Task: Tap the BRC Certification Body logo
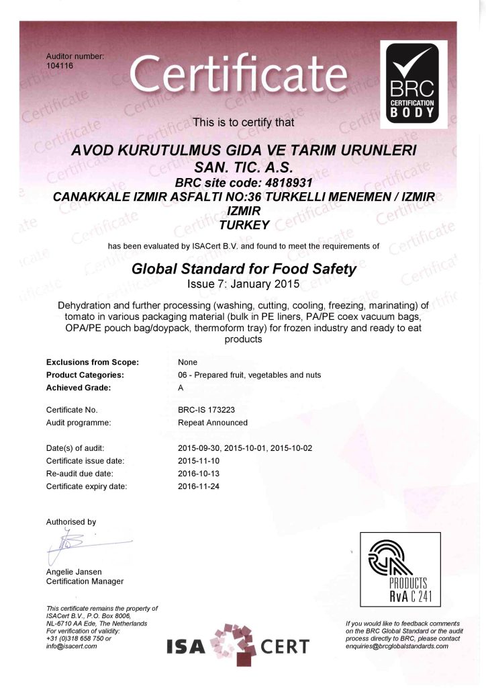(x=414, y=83)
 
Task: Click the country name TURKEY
(x=243, y=224)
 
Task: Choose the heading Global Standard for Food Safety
(x=243, y=269)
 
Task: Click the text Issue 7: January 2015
(x=243, y=284)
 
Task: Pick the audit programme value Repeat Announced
(x=213, y=423)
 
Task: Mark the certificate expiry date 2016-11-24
(x=199, y=486)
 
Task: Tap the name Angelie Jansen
(x=75, y=571)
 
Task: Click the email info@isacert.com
(x=71, y=646)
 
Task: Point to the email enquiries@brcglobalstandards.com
(x=397, y=646)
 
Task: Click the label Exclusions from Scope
(x=92, y=362)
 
